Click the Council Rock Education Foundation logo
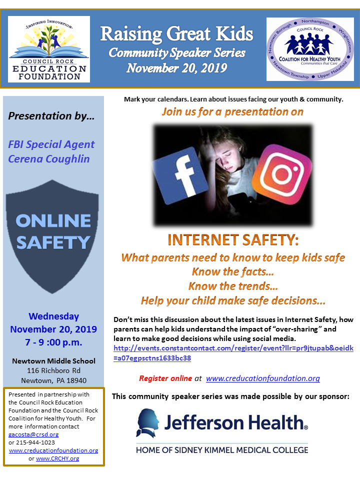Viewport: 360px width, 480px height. coord(48,48)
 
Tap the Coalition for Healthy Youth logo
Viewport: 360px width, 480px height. coord(310,48)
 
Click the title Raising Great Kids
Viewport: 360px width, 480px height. coord(176,34)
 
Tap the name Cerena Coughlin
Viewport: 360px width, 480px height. coord(48,159)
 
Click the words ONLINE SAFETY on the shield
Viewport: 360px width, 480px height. coord(53,231)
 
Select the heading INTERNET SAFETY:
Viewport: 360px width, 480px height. coord(233,240)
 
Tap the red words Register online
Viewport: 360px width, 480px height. coord(165,378)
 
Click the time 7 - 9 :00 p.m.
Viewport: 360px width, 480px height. coord(53,342)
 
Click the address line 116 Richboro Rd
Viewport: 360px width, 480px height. coord(53,371)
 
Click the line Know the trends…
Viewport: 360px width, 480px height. coord(233,286)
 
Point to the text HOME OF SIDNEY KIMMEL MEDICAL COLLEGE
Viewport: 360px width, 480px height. coord(222,449)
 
